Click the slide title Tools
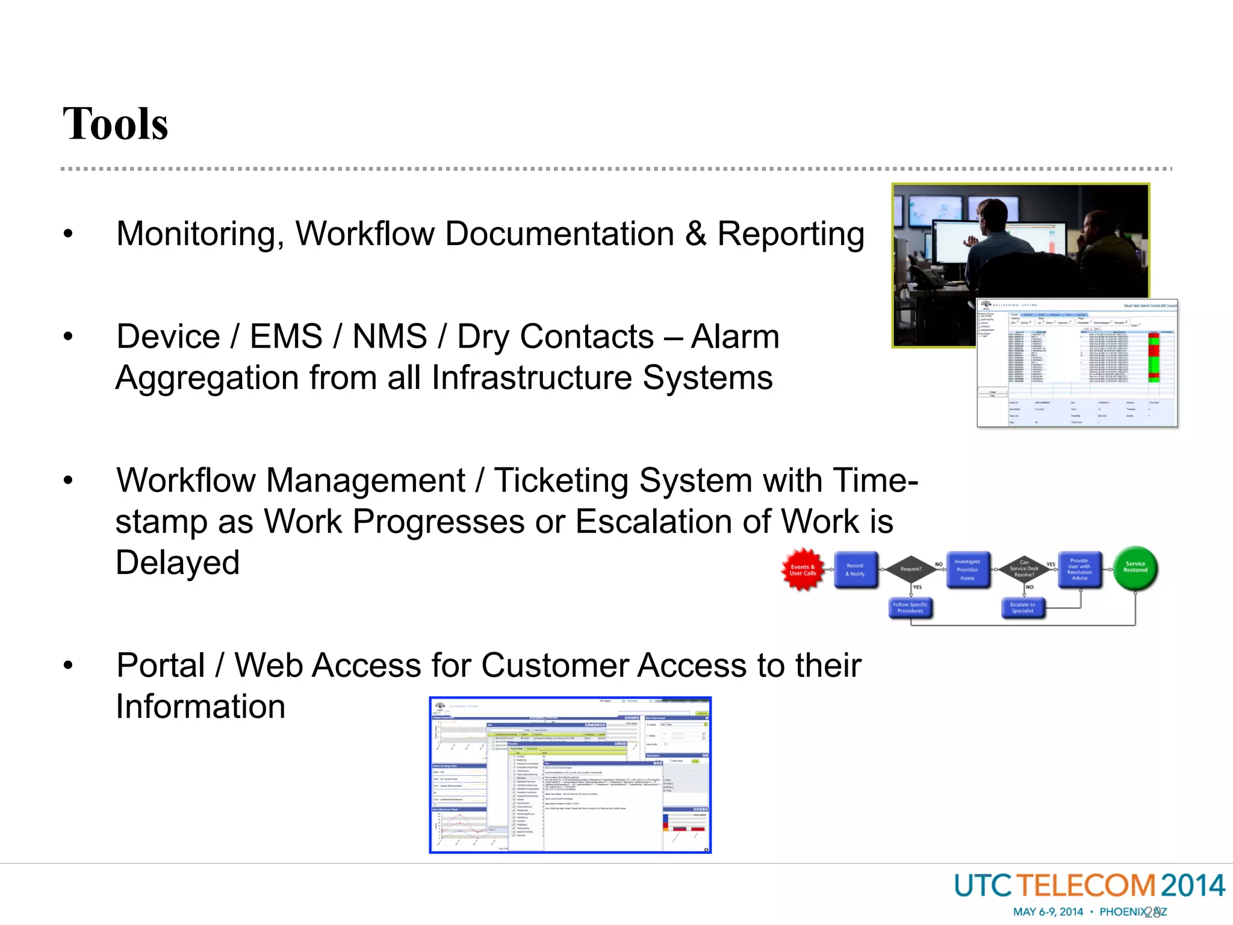tap(115, 124)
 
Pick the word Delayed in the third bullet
tap(178, 562)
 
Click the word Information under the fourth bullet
tap(200, 706)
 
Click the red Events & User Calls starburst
tap(803, 570)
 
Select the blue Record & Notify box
tap(855, 570)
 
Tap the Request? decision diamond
tap(911, 568)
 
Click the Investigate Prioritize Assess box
tap(967, 570)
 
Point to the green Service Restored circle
tap(1135, 567)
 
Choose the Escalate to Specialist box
tap(1023, 608)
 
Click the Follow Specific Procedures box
tap(910, 608)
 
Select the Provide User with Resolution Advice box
tap(1079, 569)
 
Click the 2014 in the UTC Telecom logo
tap(1192, 886)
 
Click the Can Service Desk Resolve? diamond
tap(1024, 568)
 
